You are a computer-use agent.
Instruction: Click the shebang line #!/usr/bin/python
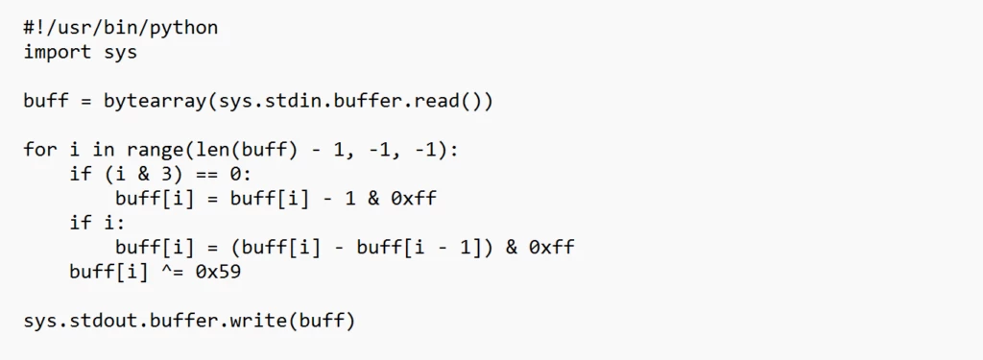pyautogui.click(x=121, y=28)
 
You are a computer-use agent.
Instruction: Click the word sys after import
pyautogui.click(x=121, y=53)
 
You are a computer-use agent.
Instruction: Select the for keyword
pyautogui.click(x=40, y=151)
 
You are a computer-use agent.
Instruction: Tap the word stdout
pyautogui.click(x=104, y=322)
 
